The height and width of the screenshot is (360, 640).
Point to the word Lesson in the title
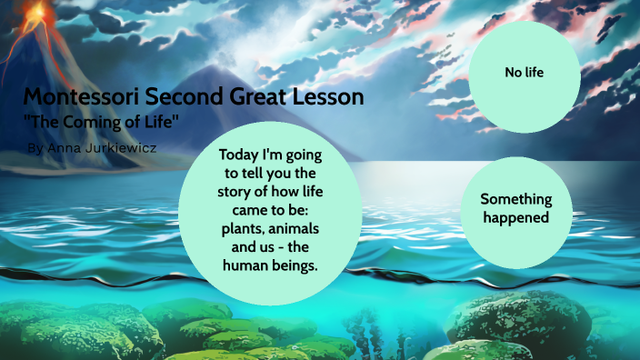[x=327, y=96]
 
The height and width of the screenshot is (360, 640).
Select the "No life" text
[x=524, y=72]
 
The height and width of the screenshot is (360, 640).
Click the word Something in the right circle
[x=516, y=198]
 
